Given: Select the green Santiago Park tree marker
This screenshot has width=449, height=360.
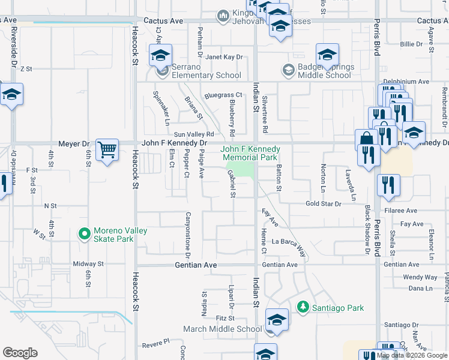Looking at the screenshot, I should point(303,308).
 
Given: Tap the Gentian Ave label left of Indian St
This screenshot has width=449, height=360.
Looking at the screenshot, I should point(196,265).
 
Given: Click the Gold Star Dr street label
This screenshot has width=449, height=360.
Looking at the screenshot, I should point(323,204).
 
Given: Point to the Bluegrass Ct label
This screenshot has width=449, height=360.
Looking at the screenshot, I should point(223,95).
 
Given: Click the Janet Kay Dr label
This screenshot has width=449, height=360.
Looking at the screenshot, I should point(224,58).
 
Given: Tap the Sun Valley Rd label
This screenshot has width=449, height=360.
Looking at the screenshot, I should point(194,134).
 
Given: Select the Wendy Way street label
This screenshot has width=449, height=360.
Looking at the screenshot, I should point(420,277).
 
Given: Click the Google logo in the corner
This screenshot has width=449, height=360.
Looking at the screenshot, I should point(20,353).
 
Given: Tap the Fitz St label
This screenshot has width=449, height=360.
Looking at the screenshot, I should point(225,318).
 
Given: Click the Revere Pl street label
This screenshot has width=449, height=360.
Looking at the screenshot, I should point(156,346).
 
